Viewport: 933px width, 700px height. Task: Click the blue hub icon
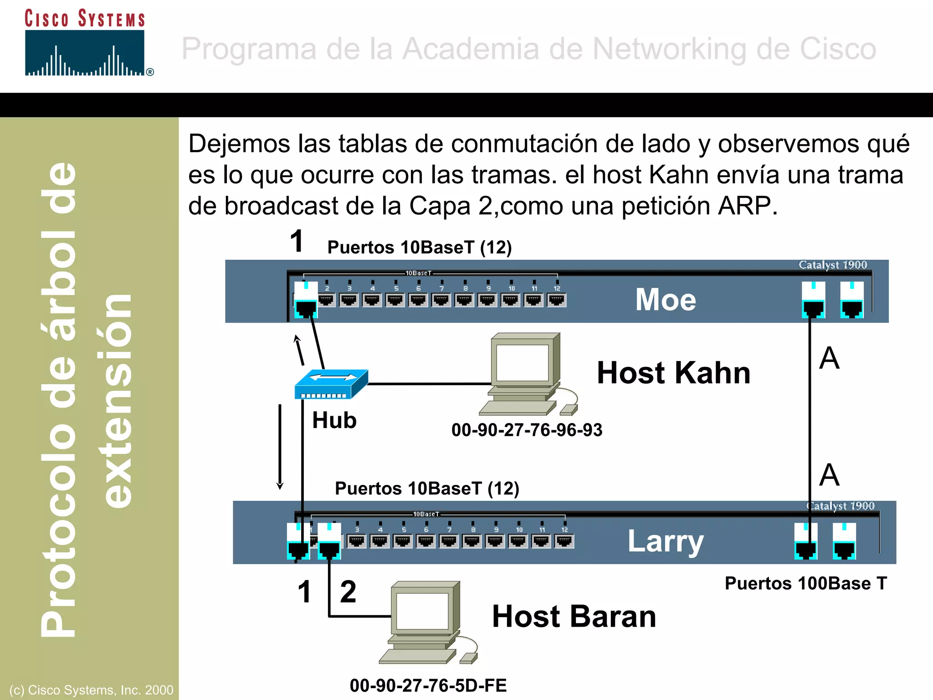331,384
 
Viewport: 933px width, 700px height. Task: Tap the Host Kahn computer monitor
523,363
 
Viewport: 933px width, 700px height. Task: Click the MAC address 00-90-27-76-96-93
527,430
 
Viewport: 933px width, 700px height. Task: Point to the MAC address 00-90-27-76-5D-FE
428,685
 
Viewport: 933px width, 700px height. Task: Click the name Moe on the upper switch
666,300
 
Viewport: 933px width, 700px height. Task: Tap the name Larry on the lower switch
666,541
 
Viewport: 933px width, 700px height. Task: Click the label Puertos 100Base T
805,583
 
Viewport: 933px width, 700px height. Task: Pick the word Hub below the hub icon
334,420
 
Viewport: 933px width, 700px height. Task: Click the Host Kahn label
673,373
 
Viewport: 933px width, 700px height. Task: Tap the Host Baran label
574,617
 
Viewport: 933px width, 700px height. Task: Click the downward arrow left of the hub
280,447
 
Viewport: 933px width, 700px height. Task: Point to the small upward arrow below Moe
299,350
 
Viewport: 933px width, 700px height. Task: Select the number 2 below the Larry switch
348,592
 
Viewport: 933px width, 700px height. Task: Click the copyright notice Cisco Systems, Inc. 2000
91,690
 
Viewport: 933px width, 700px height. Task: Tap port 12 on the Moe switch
556,299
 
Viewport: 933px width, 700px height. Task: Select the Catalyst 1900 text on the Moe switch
832,265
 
